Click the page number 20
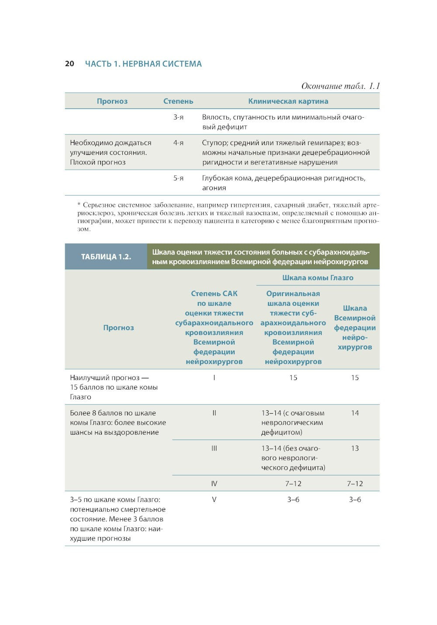(x=69, y=64)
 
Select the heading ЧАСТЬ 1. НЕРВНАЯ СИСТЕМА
(x=143, y=64)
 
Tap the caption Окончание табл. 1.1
(x=340, y=86)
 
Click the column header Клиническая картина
(x=288, y=101)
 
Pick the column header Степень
(x=178, y=101)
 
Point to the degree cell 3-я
(x=178, y=117)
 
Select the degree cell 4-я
(x=178, y=143)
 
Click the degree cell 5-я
(x=178, y=178)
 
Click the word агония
(x=214, y=188)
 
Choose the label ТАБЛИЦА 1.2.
(x=106, y=257)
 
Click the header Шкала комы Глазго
(x=318, y=278)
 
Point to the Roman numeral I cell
(x=214, y=377)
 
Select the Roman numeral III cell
(x=214, y=448)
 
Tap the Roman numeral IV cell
(x=214, y=484)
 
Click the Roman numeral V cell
(x=214, y=499)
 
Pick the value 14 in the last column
(x=355, y=413)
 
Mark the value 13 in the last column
(x=355, y=448)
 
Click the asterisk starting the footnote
(x=79, y=204)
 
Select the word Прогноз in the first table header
(x=112, y=101)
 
